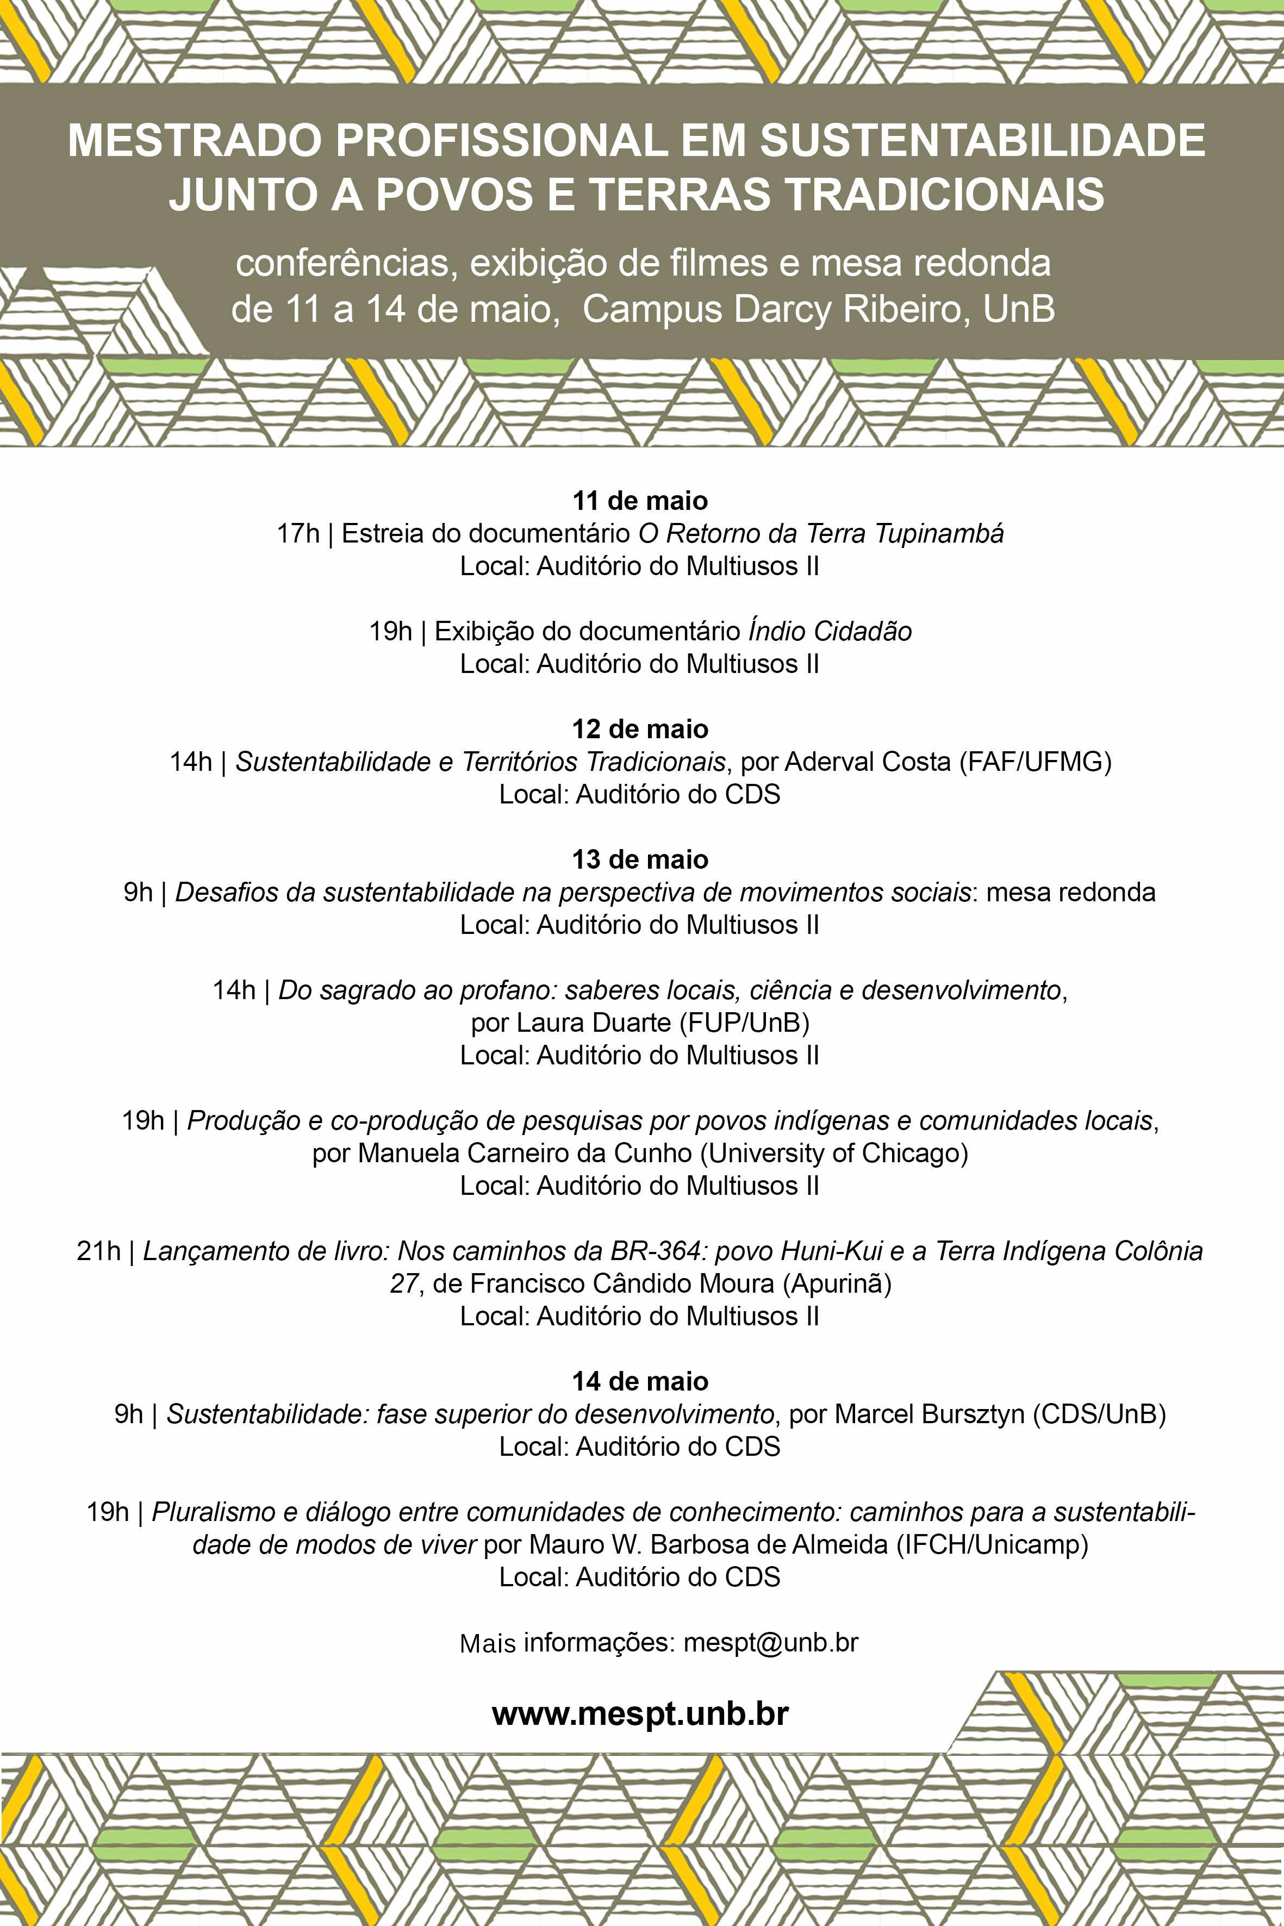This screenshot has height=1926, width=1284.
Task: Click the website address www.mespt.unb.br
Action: (x=640, y=1713)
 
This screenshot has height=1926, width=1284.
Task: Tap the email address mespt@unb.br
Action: (x=771, y=1642)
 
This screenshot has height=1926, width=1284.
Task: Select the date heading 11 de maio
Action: (x=640, y=500)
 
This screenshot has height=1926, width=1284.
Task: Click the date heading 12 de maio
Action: (x=640, y=729)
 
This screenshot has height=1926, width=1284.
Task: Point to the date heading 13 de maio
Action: (x=640, y=859)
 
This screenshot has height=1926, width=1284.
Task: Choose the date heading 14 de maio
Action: (x=640, y=1381)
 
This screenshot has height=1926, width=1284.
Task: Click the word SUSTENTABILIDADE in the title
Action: (x=983, y=140)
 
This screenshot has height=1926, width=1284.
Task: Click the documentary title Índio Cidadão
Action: (x=830, y=631)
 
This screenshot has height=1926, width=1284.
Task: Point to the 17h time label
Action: (x=298, y=534)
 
